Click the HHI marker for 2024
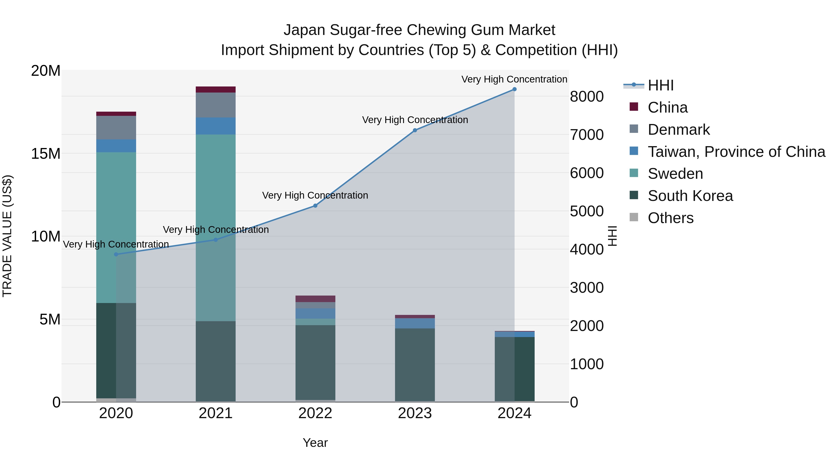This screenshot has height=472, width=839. coord(514,89)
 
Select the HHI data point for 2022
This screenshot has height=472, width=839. coord(315,206)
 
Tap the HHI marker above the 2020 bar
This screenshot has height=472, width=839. coord(116,254)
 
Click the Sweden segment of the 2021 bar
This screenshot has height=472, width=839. coord(215,196)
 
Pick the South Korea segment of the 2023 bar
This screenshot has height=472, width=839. coord(415,365)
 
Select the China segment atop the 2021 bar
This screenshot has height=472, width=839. coord(215,90)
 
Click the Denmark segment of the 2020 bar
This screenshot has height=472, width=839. coord(116,128)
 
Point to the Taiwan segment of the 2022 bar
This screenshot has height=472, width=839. coord(315,313)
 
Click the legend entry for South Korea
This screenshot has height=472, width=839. coord(690,196)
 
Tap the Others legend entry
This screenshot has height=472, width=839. coord(670,218)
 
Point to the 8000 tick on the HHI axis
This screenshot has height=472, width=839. coord(587,97)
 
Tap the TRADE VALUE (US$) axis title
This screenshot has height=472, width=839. coord(7,236)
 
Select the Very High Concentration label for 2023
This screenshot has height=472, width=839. coord(415,120)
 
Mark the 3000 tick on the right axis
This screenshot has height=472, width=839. coord(587,288)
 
